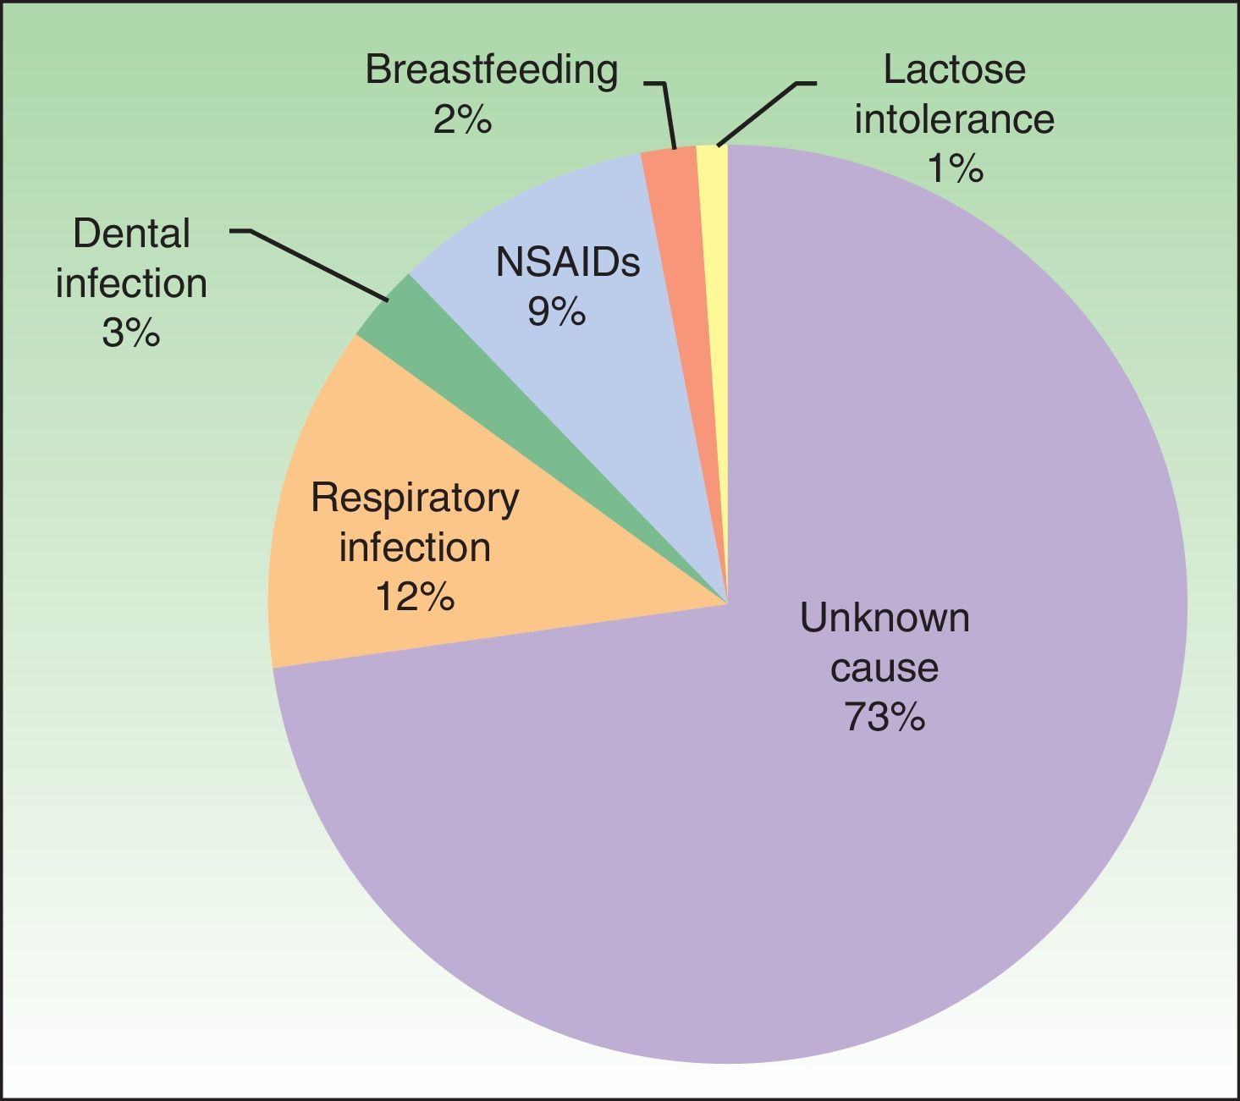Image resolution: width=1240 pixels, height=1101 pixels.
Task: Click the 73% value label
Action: coord(884,718)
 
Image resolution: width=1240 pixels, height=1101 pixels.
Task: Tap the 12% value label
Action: coord(414,597)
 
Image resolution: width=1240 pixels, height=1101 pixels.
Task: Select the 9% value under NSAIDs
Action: coord(556,312)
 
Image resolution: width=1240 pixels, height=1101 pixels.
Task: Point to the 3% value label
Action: coord(130,333)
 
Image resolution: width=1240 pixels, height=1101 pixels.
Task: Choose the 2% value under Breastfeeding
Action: coord(462,119)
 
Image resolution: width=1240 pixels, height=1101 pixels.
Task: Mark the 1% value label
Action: coord(955,168)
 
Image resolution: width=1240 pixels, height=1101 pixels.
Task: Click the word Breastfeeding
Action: coord(491,69)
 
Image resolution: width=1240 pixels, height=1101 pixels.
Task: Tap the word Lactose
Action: coord(954,69)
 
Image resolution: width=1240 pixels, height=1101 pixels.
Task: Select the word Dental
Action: coord(131,234)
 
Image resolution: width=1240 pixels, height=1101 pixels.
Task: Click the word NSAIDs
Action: coord(567,262)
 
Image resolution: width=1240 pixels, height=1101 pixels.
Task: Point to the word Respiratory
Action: coord(414,498)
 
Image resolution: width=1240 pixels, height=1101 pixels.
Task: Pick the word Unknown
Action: coord(884,619)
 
